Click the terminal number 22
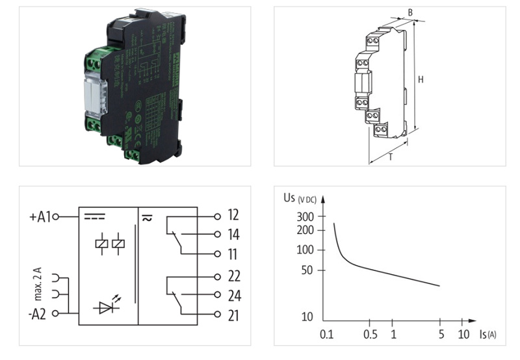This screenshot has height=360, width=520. coord(235,276)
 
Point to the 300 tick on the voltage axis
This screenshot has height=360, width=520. coord(305,216)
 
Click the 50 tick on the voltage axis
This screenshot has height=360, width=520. coord(308,270)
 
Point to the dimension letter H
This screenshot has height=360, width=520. coord(421,80)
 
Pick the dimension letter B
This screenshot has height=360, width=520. coord(409,12)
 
